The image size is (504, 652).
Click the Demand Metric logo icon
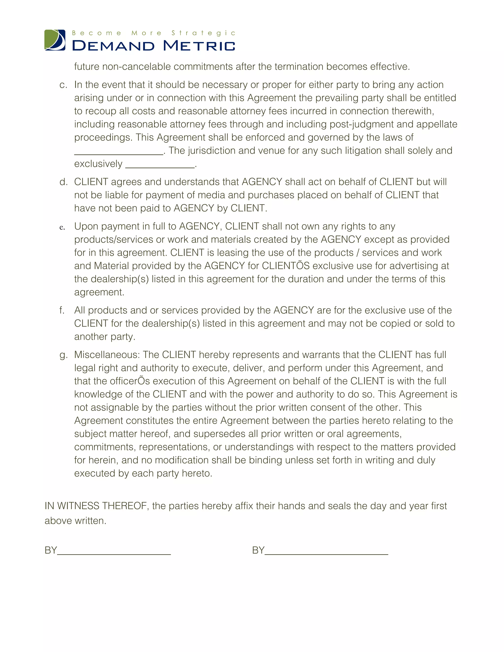pos(55,40)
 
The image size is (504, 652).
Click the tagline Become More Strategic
pos(154,33)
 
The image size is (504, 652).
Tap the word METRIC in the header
pos(199,46)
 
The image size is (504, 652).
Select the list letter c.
pos(63,85)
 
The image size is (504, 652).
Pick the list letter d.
pos(63,182)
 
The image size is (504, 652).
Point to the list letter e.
pos(62,228)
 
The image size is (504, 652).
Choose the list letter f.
pos(62,310)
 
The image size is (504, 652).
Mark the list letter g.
pos(63,355)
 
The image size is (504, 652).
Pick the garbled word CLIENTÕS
pos(286,266)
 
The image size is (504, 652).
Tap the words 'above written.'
pos(76,521)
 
